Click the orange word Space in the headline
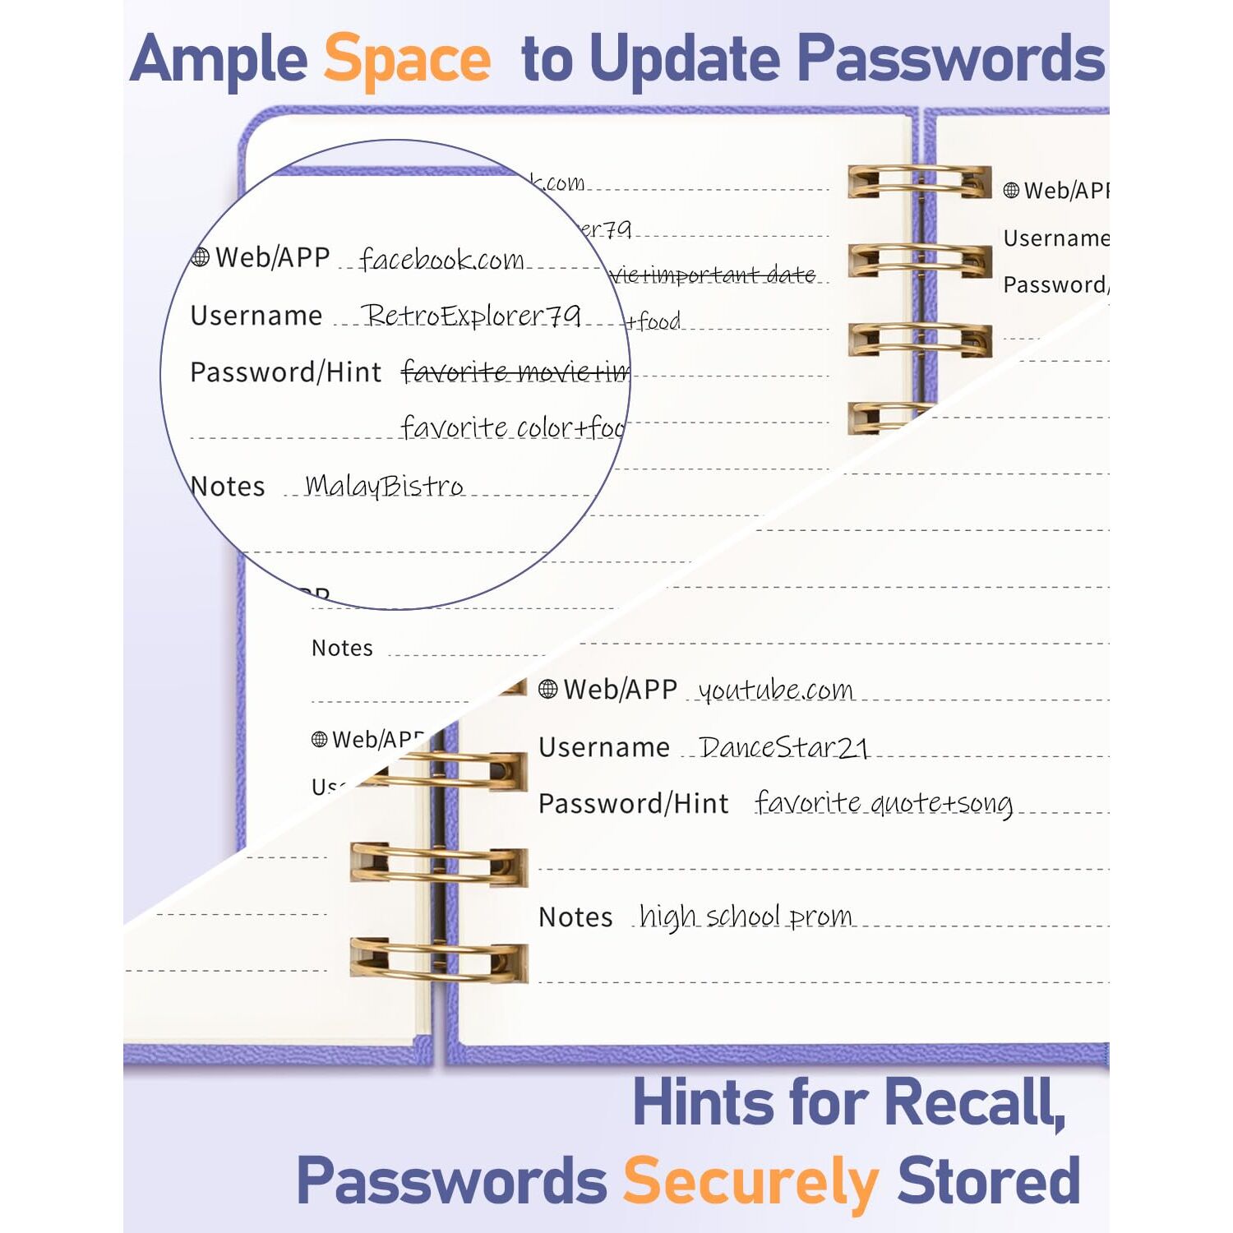click(408, 59)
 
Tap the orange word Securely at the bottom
click(751, 1181)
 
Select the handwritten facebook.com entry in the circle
click(441, 260)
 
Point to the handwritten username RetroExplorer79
click(472, 315)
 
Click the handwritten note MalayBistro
click(384, 486)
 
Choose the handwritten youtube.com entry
click(775, 690)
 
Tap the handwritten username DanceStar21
click(783, 747)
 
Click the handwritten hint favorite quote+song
click(884, 803)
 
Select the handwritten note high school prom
click(746, 916)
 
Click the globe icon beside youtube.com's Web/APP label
click(548, 689)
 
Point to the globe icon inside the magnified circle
click(200, 258)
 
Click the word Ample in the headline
click(219, 59)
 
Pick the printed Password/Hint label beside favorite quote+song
click(633, 803)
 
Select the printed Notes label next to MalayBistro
click(228, 487)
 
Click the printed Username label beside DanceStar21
click(604, 747)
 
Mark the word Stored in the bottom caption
click(989, 1181)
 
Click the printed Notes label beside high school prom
click(575, 917)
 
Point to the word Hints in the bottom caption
click(704, 1102)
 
